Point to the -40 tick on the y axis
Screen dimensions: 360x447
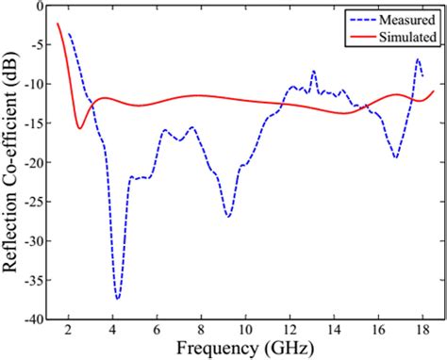coord(35,320)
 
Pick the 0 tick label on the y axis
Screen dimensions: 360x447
coord(41,6)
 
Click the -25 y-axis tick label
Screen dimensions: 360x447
coord(35,203)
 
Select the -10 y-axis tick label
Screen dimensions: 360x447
coord(35,85)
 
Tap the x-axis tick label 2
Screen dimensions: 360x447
coord(68,329)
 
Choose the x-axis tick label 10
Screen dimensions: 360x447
coord(245,329)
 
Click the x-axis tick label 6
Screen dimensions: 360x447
coord(157,329)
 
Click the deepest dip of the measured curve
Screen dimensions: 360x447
coord(118,299)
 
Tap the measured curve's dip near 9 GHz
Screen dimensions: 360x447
coord(228,217)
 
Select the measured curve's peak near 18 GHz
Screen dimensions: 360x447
coord(418,59)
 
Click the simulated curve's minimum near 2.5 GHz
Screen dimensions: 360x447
coord(80,128)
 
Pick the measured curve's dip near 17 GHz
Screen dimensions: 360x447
coord(395,157)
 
